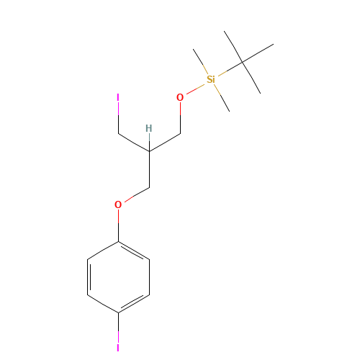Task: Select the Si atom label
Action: click(210, 79)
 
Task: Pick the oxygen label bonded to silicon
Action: click(180, 97)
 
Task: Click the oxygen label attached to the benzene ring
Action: click(118, 204)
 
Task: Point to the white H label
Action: click(148, 129)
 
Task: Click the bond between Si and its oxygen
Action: click(194, 89)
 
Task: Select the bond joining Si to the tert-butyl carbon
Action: click(227, 71)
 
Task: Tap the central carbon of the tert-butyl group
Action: click(243, 62)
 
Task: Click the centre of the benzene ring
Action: click(118, 276)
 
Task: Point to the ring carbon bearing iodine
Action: click(118, 312)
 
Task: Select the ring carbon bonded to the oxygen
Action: click(118, 241)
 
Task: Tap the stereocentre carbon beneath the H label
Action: click(149, 151)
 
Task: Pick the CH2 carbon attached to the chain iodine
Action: click(118, 133)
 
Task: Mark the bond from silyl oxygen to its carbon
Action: click(180, 115)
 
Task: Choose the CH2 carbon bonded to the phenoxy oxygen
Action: click(149, 187)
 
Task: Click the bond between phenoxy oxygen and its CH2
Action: click(135, 195)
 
